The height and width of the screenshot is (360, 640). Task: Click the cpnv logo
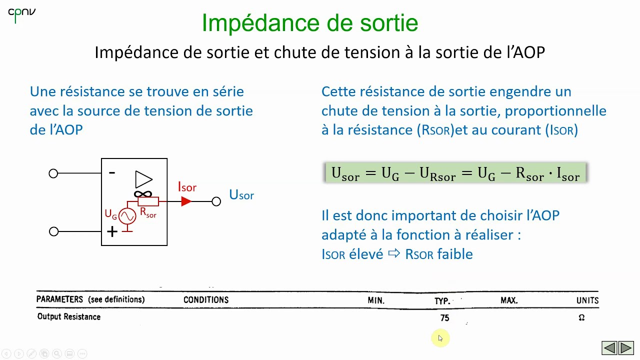click(x=21, y=14)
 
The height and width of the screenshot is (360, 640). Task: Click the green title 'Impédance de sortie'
click(x=309, y=23)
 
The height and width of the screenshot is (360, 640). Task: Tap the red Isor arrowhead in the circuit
click(x=186, y=201)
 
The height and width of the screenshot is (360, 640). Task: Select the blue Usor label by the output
click(x=241, y=195)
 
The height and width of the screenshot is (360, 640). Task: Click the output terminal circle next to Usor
click(x=216, y=201)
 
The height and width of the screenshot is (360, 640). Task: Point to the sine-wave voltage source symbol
click(x=127, y=216)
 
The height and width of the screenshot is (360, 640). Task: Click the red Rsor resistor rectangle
click(x=148, y=201)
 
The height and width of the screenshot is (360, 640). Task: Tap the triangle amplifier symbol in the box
click(x=143, y=179)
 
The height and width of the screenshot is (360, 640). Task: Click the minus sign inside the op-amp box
click(x=112, y=172)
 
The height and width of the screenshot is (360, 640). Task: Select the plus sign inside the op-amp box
click(x=112, y=231)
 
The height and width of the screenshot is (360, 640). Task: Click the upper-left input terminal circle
click(x=53, y=173)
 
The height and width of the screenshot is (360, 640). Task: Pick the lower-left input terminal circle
click(x=53, y=231)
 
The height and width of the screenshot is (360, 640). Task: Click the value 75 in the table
click(x=444, y=317)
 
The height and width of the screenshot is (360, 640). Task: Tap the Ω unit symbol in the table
click(x=581, y=317)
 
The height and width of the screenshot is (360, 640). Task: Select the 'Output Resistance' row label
click(x=69, y=317)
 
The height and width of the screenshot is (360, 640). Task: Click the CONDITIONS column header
click(x=205, y=300)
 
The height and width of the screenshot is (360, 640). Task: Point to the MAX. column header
click(x=509, y=300)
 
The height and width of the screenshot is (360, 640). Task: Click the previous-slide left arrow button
click(x=609, y=347)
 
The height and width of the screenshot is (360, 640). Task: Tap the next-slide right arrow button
click(x=626, y=347)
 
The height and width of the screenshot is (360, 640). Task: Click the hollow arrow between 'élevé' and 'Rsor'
click(x=394, y=253)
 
